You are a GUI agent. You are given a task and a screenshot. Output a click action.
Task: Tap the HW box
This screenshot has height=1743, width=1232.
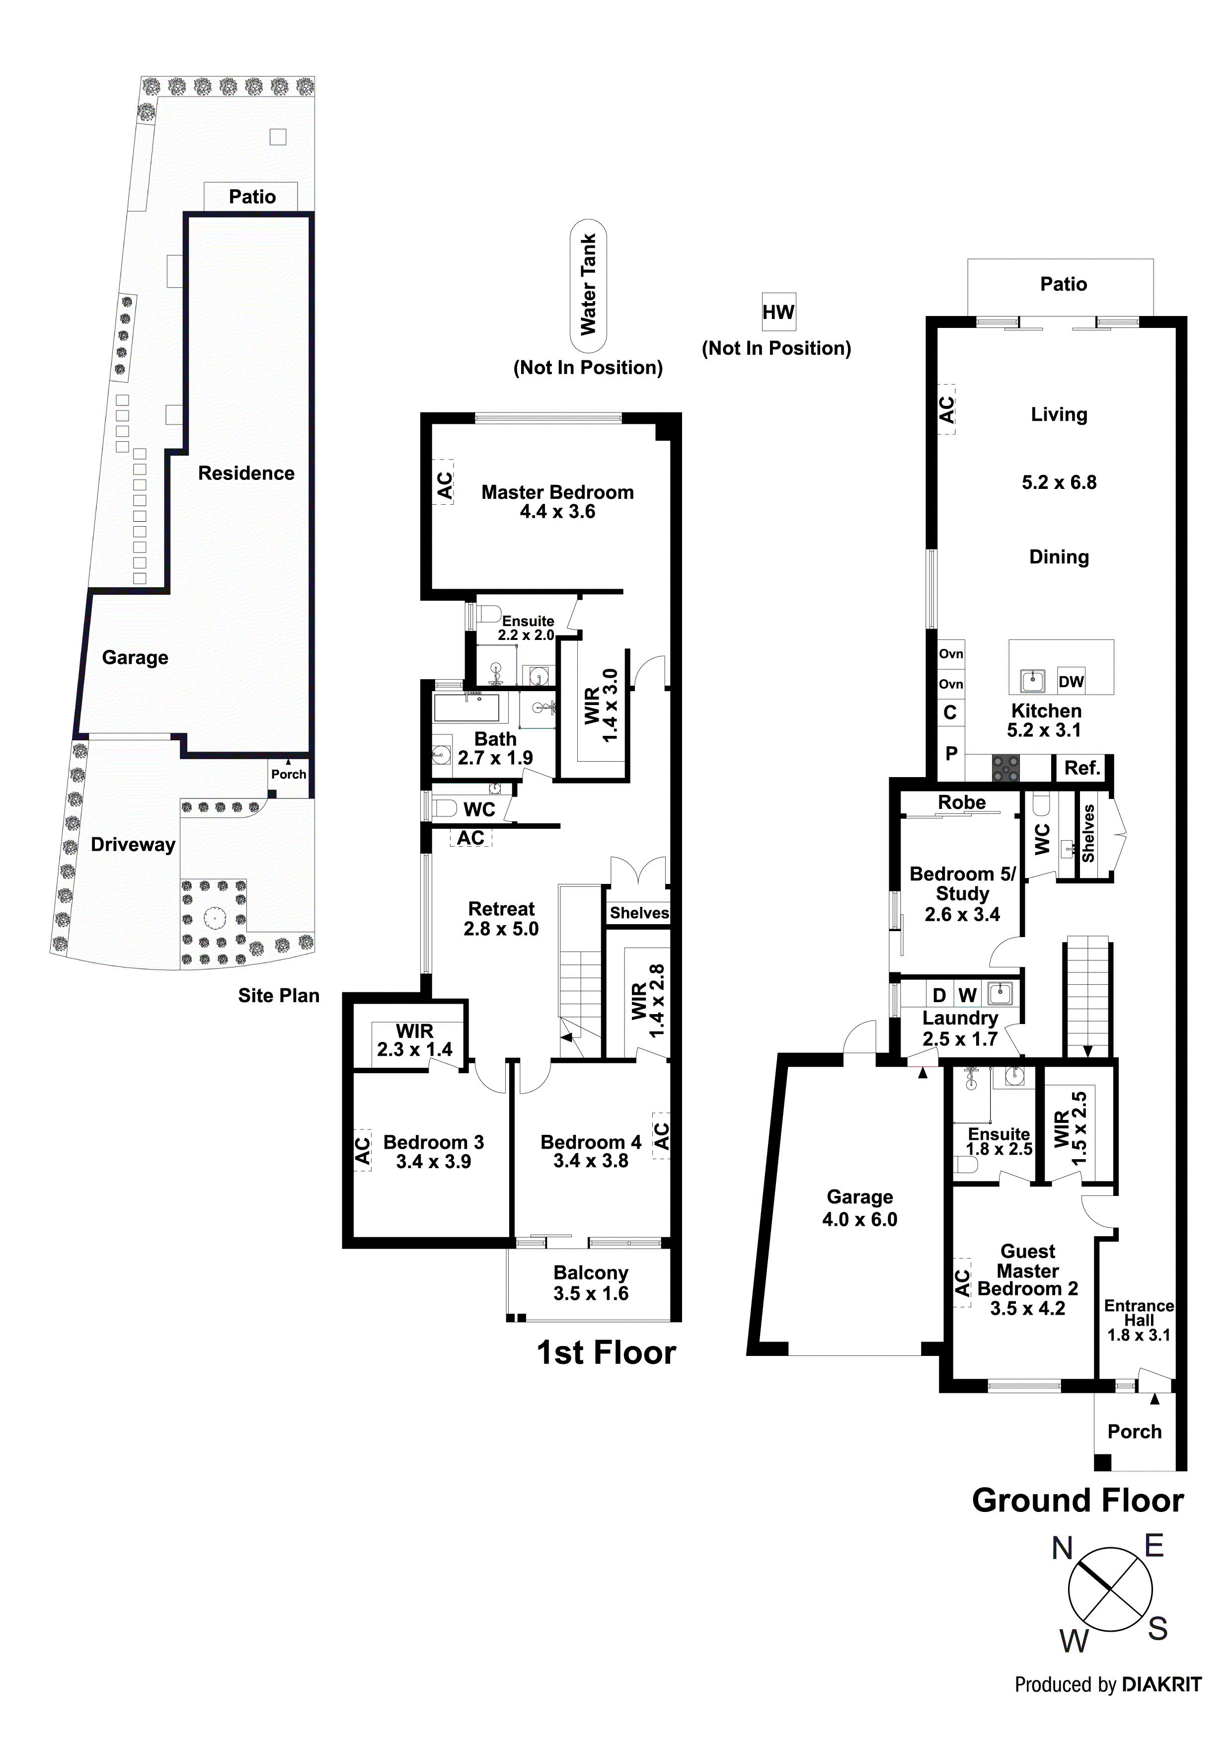pyautogui.click(x=778, y=312)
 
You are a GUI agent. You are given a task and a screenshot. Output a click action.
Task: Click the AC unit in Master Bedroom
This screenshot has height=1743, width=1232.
pyautogui.click(x=443, y=483)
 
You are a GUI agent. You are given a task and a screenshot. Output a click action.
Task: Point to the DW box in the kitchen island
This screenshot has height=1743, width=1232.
pyautogui.click(x=1071, y=681)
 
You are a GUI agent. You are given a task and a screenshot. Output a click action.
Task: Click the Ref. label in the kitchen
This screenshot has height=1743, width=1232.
pyautogui.click(x=1081, y=768)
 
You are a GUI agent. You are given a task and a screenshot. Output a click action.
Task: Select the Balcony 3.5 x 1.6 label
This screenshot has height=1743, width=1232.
pyautogui.click(x=591, y=1282)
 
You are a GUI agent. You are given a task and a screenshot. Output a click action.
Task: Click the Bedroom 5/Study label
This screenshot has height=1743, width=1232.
pyautogui.click(x=962, y=893)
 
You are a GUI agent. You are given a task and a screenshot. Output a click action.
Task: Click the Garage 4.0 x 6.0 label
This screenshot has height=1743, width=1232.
pyautogui.click(x=859, y=1208)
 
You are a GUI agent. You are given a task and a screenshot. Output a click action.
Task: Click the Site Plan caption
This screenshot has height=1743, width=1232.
pyautogui.click(x=279, y=995)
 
